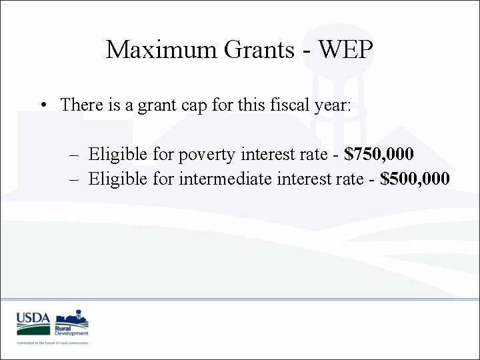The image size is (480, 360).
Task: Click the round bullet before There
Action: (x=42, y=105)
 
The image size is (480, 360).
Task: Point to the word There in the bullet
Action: (x=81, y=105)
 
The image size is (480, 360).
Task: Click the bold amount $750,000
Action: (x=379, y=155)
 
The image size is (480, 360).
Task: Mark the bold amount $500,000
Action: (x=415, y=179)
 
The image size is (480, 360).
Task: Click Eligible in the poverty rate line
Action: (x=115, y=155)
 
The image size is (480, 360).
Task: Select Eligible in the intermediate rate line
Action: (x=115, y=179)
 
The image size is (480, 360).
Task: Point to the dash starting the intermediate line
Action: (x=73, y=179)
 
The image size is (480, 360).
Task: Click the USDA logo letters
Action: (x=33, y=319)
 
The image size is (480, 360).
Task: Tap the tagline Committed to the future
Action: (x=53, y=343)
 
